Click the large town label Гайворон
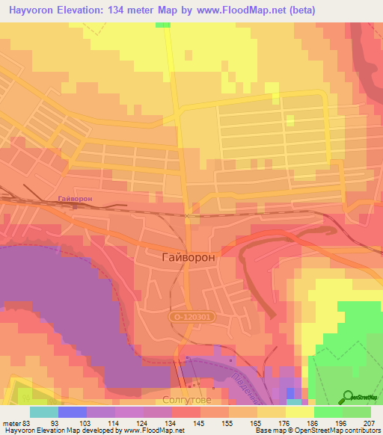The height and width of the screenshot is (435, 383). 189,256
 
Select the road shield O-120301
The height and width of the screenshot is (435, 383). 191,317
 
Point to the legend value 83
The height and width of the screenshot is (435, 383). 25,423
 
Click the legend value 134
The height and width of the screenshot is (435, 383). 171,423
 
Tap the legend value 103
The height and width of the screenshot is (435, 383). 87,423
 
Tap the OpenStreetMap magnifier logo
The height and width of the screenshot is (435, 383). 348,396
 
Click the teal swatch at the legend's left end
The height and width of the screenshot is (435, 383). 43,412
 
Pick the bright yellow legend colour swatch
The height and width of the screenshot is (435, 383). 299,412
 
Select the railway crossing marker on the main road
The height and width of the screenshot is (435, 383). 189,216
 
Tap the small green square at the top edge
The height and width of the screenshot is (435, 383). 163,25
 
